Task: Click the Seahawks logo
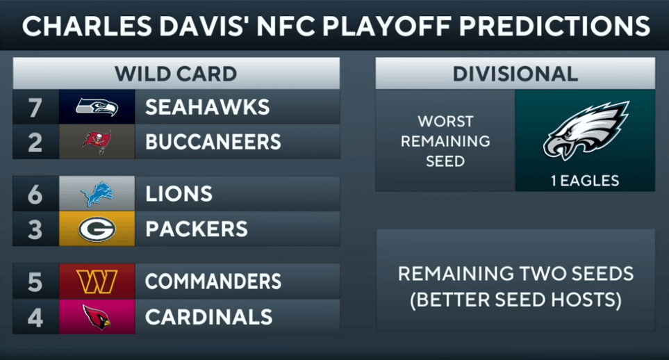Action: pos(97,107)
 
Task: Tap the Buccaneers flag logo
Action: pos(97,142)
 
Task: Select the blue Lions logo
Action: pos(97,194)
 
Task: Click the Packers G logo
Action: pos(97,229)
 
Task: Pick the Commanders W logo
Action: pos(97,281)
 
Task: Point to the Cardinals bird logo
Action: pos(97,317)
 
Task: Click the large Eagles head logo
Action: pos(586,130)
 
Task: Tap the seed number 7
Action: pos(35,108)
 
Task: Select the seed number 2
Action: pos(35,142)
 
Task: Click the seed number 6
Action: pos(35,195)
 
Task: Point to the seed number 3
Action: pos(35,229)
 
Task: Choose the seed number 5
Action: pos(35,282)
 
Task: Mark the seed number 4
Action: pos(35,318)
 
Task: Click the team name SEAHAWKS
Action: pos(207,107)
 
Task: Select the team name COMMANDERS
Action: pos(213,281)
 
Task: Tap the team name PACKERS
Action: pos(197,229)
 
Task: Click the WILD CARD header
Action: pos(176,74)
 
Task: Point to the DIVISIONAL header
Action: pos(515,74)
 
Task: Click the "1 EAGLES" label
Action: pos(585,181)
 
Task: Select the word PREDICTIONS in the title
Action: pos(554,26)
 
